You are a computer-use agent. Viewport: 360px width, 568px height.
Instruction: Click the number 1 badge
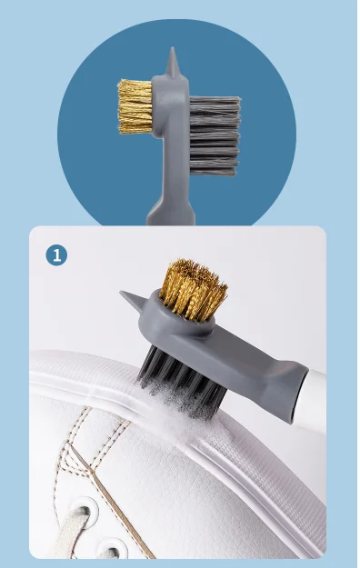(x=56, y=254)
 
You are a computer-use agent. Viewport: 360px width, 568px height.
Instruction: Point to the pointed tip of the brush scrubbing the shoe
(x=127, y=297)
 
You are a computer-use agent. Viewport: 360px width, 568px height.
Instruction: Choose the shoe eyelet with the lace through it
(x=68, y=521)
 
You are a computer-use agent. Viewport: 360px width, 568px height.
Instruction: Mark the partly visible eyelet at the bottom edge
(x=112, y=549)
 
